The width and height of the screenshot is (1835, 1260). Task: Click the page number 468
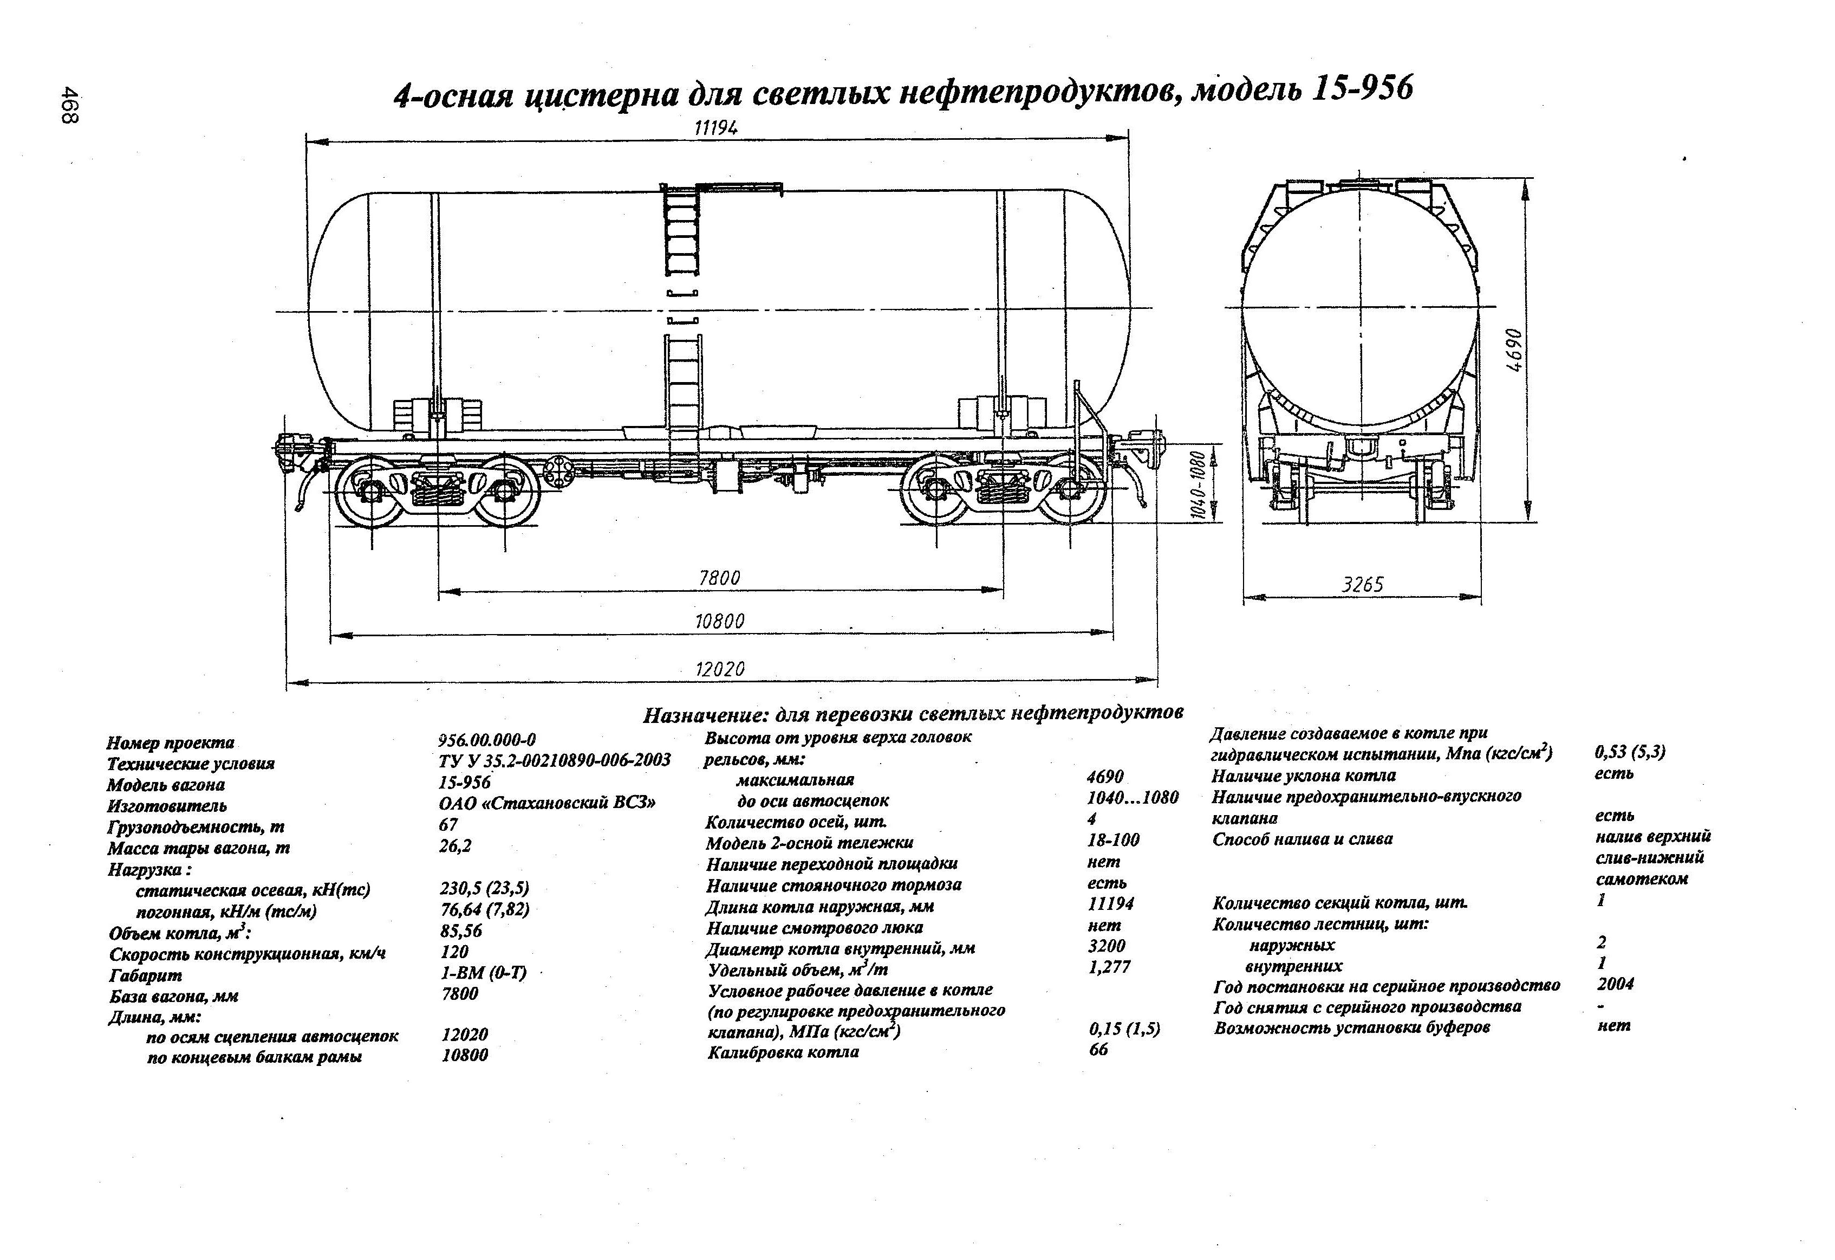coord(69,106)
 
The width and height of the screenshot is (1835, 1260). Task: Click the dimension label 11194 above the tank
coord(716,127)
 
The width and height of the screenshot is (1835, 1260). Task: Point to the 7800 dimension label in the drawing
coord(719,578)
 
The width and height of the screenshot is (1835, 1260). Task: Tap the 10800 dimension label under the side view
coord(719,622)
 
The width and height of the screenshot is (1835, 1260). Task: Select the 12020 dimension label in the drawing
coord(719,670)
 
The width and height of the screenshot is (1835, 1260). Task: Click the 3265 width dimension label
coord(1363,585)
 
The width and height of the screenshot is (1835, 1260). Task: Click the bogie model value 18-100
coord(1114,841)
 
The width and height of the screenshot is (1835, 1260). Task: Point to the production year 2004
coord(1615,984)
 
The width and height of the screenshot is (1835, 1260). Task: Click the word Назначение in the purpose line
coord(705,716)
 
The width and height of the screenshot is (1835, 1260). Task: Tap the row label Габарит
coord(145,975)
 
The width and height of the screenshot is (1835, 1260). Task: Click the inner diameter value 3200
coord(1106,946)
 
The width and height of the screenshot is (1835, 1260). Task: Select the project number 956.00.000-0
coord(486,740)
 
